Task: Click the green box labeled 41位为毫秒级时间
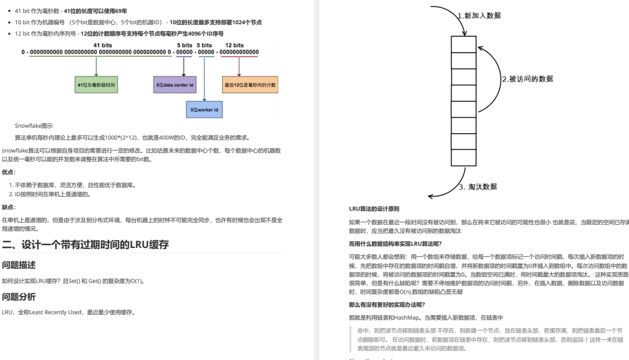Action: [x=96, y=85]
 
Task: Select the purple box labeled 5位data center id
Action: [x=175, y=85]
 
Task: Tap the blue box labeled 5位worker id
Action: [x=204, y=109]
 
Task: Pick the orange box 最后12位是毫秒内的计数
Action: [x=250, y=85]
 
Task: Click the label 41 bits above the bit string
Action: [x=103, y=45]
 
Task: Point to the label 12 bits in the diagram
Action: [x=234, y=45]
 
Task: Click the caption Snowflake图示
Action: [x=34, y=126]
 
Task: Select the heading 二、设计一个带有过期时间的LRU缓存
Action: [x=86, y=245]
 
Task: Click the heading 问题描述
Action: [x=19, y=265]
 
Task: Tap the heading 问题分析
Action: [x=19, y=297]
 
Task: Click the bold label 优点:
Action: [x=9, y=172]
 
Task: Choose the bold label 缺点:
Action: [x=9, y=207]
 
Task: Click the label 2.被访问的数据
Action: [x=527, y=79]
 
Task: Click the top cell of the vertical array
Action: [x=464, y=44]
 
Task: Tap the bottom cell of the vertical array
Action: [x=464, y=157]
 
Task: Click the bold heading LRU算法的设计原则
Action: [x=374, y=209]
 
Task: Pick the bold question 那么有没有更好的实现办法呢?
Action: [x=387, y=305]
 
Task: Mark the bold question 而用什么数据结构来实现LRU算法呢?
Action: [x=395, y=244]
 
